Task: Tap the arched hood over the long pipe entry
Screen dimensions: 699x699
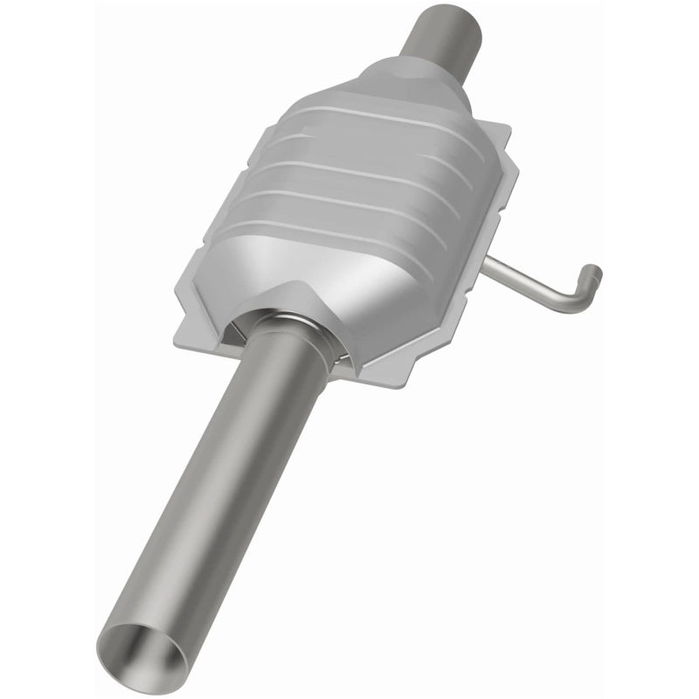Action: tap(288, 301)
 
